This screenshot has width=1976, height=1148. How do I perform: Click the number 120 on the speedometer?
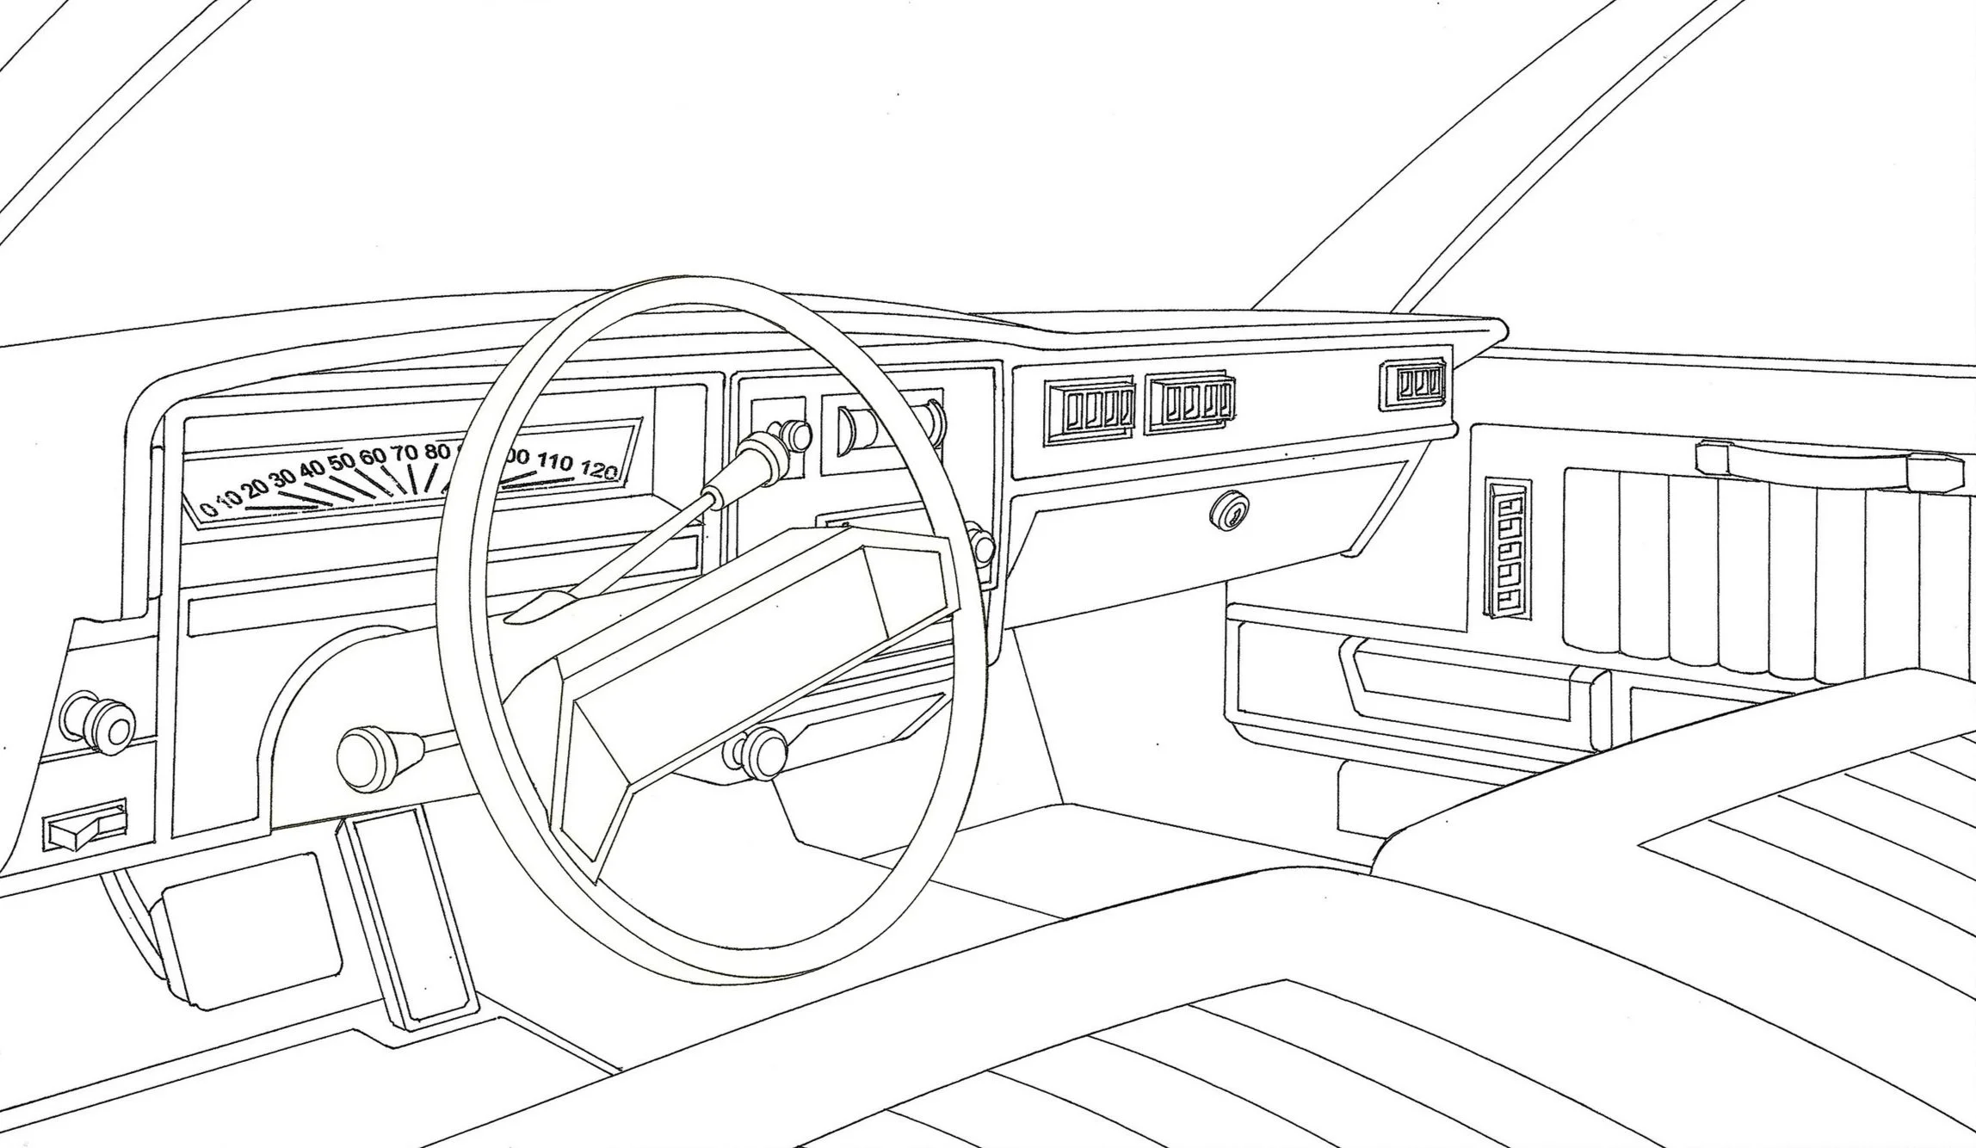point(600,470)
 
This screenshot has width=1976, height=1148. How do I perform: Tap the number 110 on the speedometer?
point(555,462)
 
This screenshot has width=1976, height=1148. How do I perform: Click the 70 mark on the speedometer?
point(404,453)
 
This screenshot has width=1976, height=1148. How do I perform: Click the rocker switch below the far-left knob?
point(86,827)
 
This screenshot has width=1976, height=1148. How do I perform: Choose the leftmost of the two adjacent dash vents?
point(1090,414)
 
